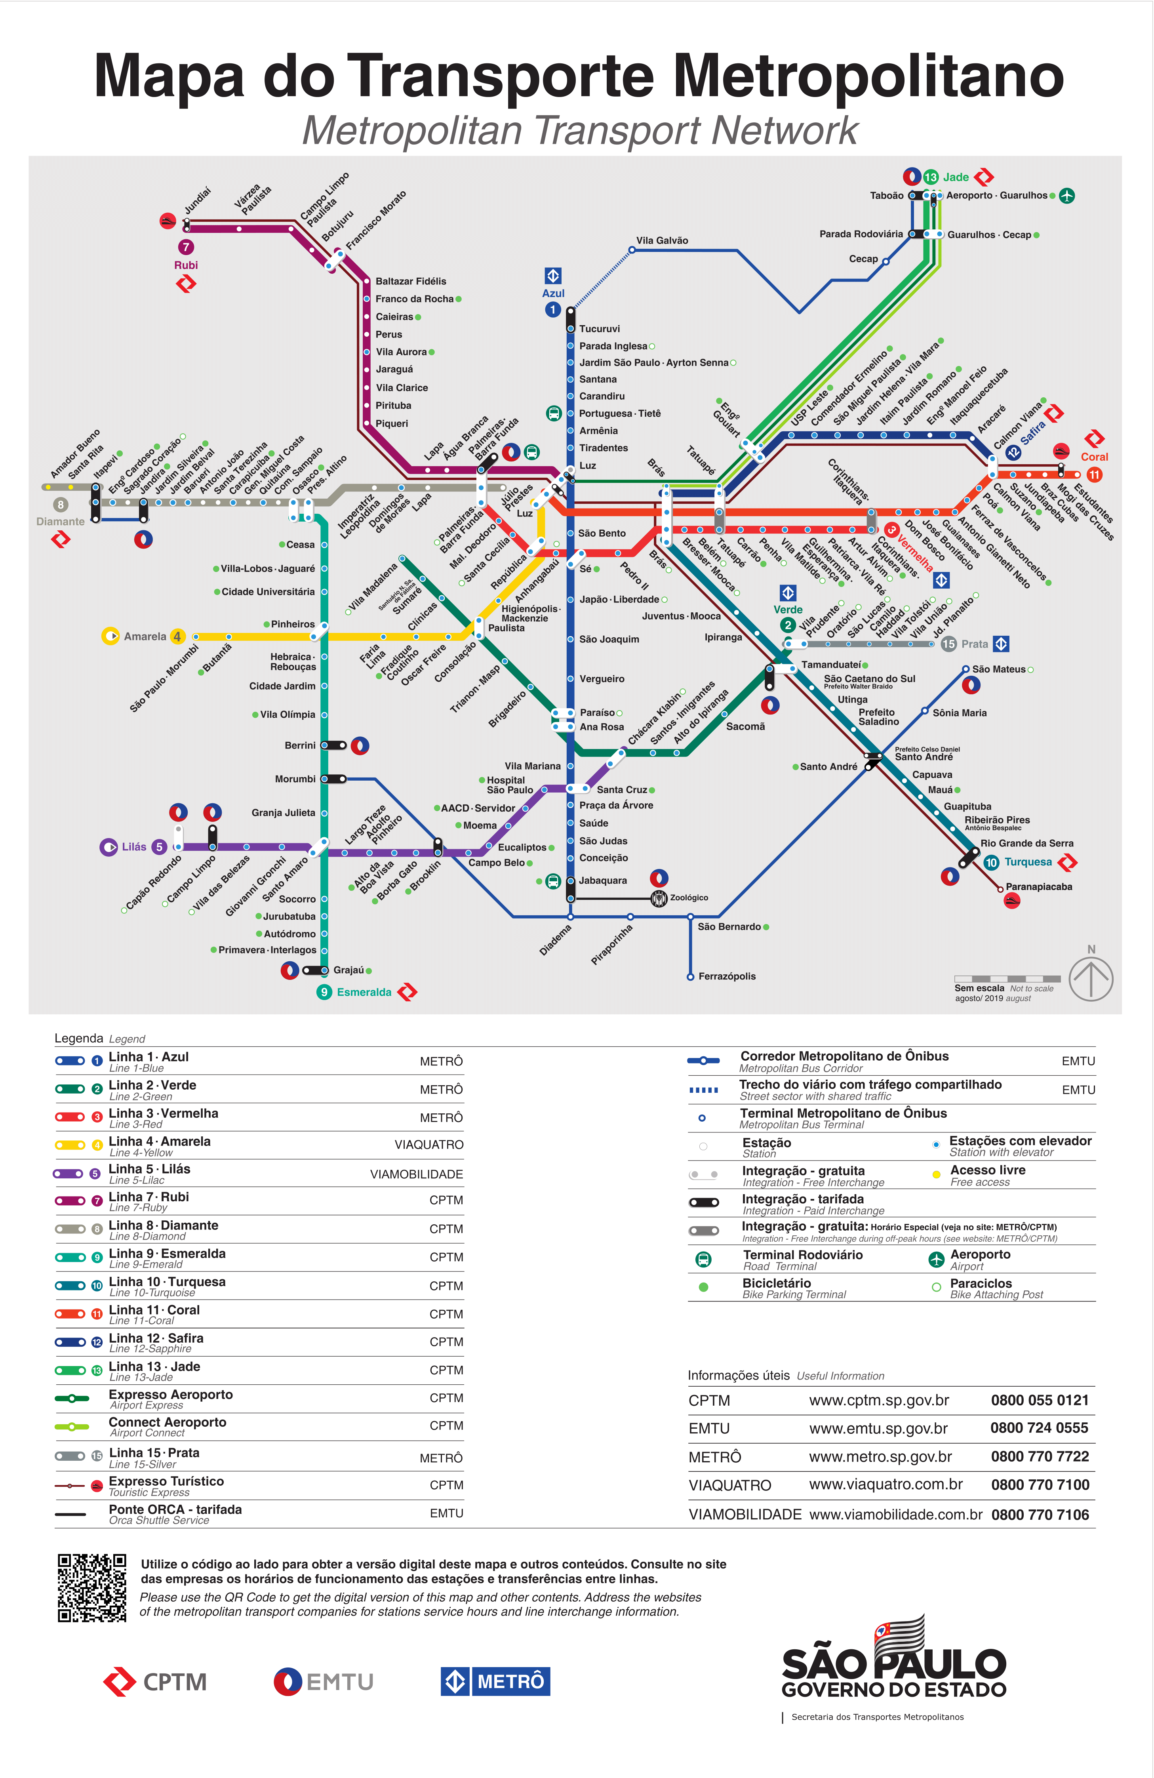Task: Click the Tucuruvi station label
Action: click(599, 329)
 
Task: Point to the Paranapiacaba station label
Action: click(1039, 887)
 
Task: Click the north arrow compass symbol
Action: click(1091, 979)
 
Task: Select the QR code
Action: click(92, 1587)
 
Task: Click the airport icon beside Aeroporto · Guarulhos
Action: click(1066, 196)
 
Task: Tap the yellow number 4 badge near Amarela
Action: click(177, 636)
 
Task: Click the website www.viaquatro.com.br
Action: click(886, 1485)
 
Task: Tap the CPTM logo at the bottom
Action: click(154, 1682)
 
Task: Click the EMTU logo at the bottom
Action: click(324, 1682)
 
